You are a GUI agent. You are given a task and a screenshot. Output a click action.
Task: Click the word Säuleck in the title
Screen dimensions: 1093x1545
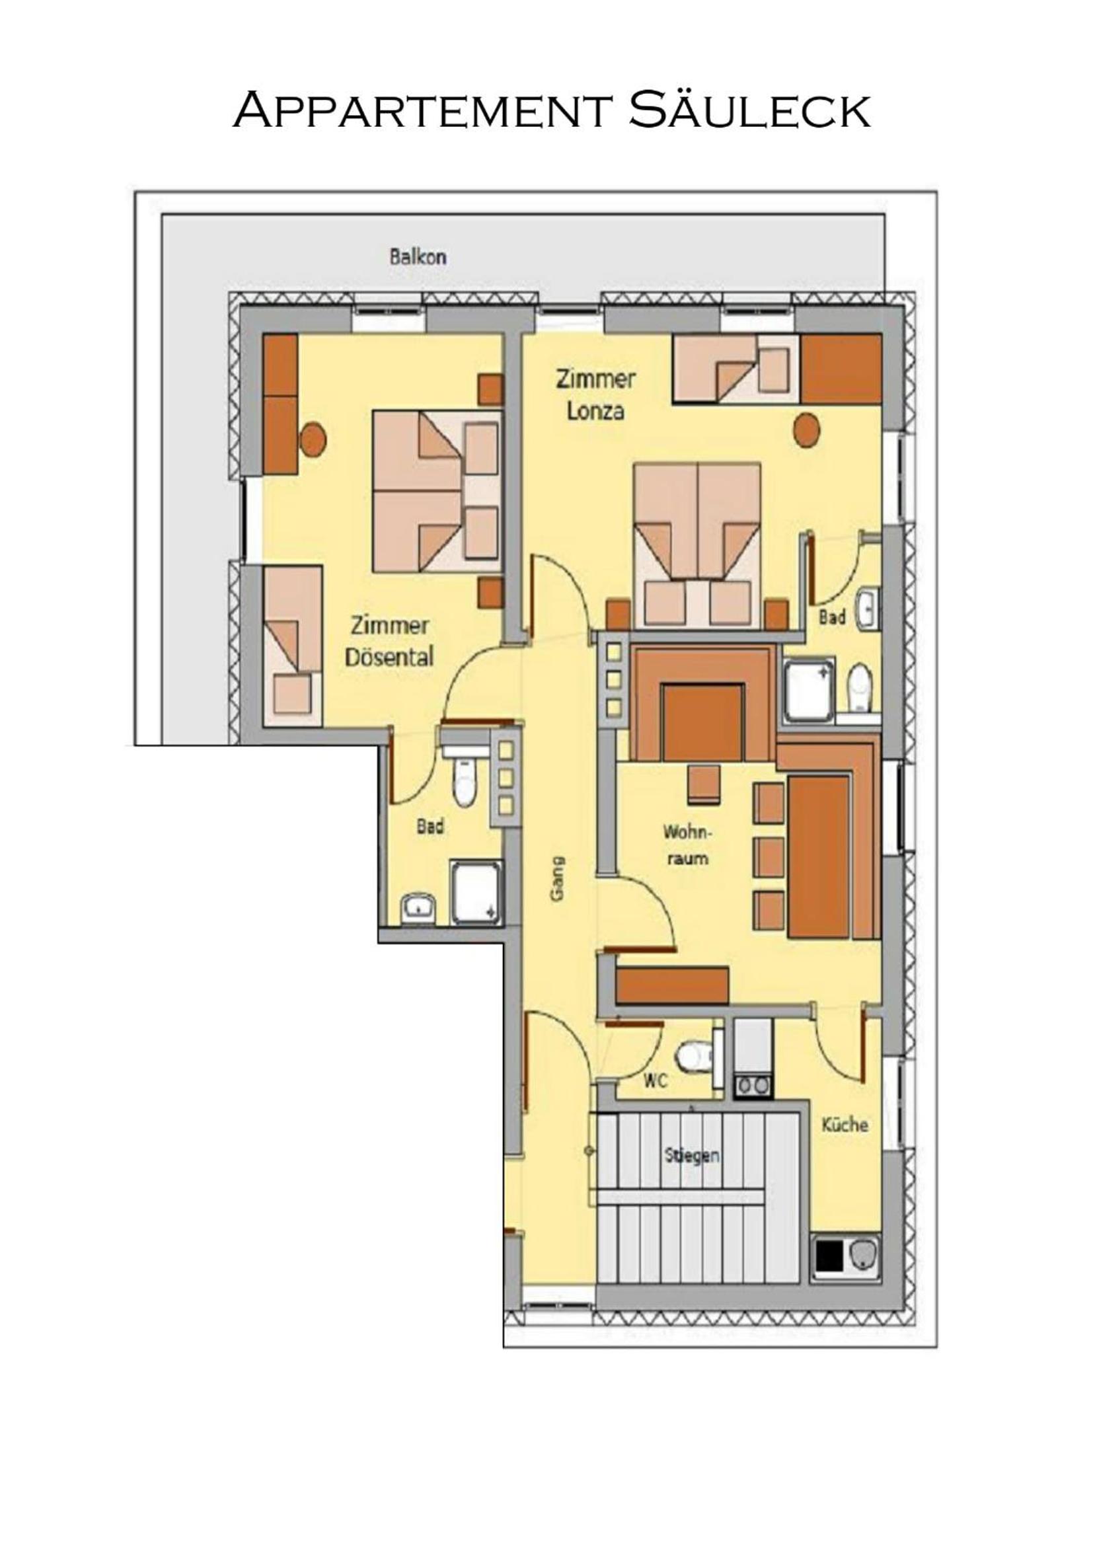[x=750, y=109]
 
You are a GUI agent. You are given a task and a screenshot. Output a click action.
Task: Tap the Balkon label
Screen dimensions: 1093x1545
[x=418, y=257]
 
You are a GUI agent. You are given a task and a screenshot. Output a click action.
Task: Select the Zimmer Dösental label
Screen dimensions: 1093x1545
[x=389, y=641]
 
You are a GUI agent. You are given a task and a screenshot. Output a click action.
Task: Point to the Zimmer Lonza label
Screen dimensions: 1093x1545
[x=595, y=395]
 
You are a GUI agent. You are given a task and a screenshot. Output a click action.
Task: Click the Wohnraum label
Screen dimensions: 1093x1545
[x=687, y=845]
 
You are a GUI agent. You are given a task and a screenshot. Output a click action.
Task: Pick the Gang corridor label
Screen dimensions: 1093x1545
[x=557, y=878]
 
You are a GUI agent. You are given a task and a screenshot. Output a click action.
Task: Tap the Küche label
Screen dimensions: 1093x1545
[x=845, y=1125]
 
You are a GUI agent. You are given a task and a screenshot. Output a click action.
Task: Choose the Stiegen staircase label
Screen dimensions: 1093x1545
[x=692, y=1156]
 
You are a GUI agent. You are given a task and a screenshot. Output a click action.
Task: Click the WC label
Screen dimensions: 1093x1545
[x=655, y=1081]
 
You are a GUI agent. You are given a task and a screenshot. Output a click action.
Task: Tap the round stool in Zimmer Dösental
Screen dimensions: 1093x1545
[x=313, y=439]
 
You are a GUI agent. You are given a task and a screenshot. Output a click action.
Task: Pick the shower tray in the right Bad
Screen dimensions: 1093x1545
[x=809, y=691]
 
